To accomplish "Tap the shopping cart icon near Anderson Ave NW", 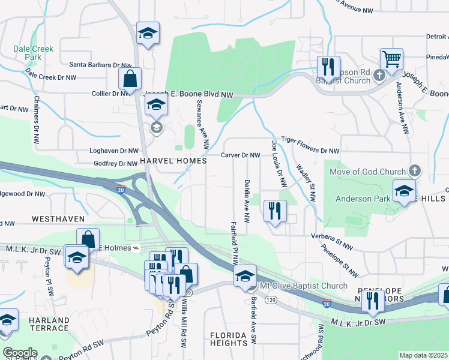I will [391, 59].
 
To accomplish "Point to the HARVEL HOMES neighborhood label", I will [173, 161].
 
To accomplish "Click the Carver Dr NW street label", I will [240, 155].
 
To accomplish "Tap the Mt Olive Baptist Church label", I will [303, 286].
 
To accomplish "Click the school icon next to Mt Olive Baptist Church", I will [245, 277].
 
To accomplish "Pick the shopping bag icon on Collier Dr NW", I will [130, 79].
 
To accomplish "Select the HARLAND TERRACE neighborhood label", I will [49, 325].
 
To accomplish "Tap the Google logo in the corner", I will [20, 353].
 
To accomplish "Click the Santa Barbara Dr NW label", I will [100, 65].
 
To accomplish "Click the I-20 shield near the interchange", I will [121, 189].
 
